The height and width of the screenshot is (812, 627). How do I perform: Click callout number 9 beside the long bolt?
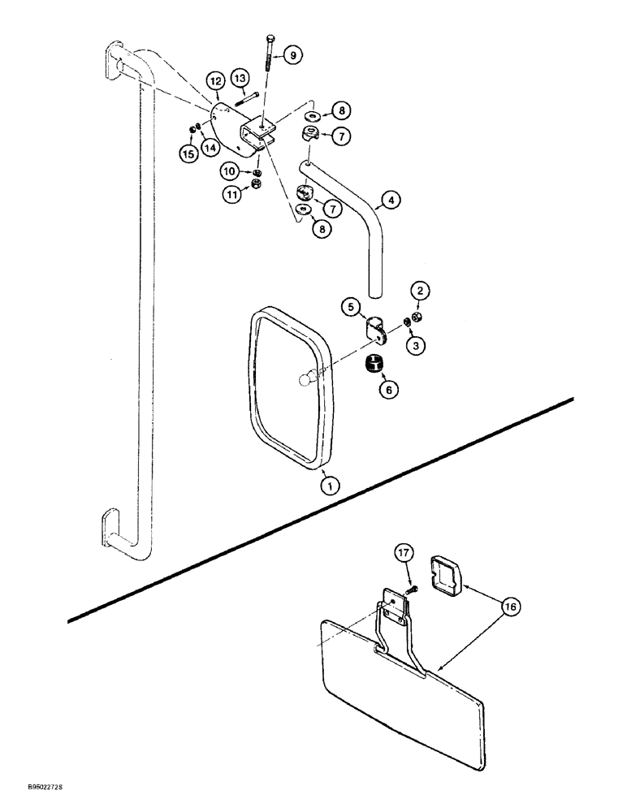pyautogui.click(x=293, y=54)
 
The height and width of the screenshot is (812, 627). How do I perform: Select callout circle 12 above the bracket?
pyautogui.click(x=214, y=81)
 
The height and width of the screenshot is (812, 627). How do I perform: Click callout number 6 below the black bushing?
pyautogui.click(x=388, y=391)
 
